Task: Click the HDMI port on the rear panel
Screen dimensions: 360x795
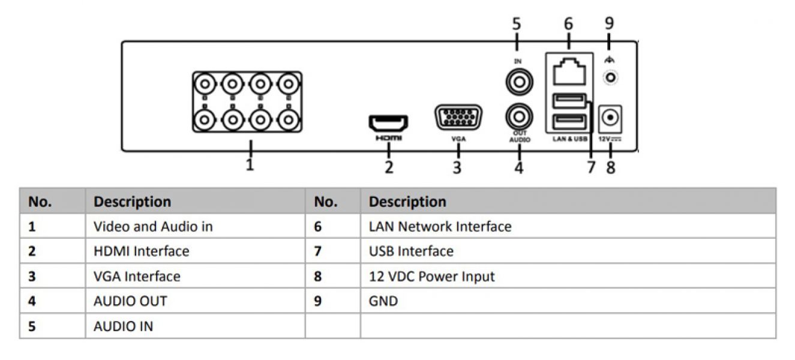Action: [x=388, y=124]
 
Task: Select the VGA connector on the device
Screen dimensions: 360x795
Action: [x=458, y=118]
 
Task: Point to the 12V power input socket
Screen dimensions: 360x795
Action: [x=611, y=119]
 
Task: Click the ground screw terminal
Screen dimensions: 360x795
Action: [x=611, y=77]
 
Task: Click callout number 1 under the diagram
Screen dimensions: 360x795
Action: [x=250, y=164]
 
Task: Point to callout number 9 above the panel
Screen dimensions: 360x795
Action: [x=610, y=23]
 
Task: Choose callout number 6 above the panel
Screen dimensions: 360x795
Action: [x=568, y=23]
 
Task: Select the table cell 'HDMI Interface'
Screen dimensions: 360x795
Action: [x=141, y=251]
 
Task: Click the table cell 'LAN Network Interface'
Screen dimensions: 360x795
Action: [x=440, y=226]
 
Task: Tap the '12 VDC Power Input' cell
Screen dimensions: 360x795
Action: [x=431, y=277]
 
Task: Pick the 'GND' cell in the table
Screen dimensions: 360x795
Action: [x=383, y=301]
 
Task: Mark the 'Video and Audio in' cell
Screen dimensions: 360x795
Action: [x=153, y=226]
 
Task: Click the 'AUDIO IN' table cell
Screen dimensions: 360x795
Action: [x=123, y=326]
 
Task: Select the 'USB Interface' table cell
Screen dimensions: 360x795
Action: [x=411, y=251]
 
